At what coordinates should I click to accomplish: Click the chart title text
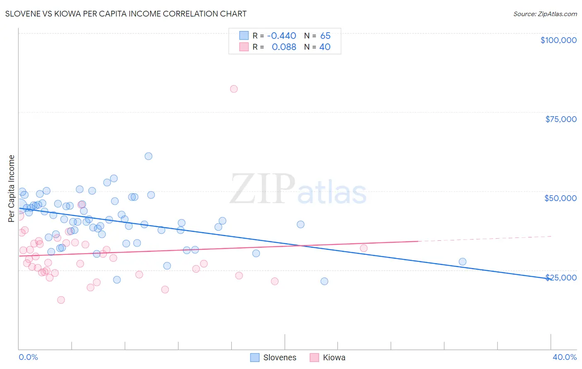click(126, 14)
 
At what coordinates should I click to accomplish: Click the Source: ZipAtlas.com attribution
click(545, 14)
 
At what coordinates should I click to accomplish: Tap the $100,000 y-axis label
click(558, 40)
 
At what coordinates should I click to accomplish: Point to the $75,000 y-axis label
click(560, 119)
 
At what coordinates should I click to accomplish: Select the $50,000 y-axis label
click(560, 198)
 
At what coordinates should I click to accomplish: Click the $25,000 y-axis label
click(560, 278)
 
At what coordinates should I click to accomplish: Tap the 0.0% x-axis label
click(28, 357)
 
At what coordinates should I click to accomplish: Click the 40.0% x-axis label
click(564, 357)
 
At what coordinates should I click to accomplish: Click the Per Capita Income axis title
click(12, 188)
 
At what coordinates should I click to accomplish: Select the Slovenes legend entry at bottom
click(274, 357)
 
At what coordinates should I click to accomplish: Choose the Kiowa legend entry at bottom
click(327, 357)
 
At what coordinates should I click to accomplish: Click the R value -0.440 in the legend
click(281, 36)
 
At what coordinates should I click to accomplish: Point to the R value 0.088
click(284, 47)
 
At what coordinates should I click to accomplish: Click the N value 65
click(325, 36)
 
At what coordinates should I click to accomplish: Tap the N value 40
click(325, 47)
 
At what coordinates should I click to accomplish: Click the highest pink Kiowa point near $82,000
click(234, 89)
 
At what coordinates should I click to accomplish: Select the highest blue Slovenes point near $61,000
click(148, 156)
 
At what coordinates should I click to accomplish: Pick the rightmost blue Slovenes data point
click(462, 261)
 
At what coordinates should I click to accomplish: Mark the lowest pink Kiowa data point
click(61, 300)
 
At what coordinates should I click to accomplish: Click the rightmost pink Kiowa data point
click(364, 248)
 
